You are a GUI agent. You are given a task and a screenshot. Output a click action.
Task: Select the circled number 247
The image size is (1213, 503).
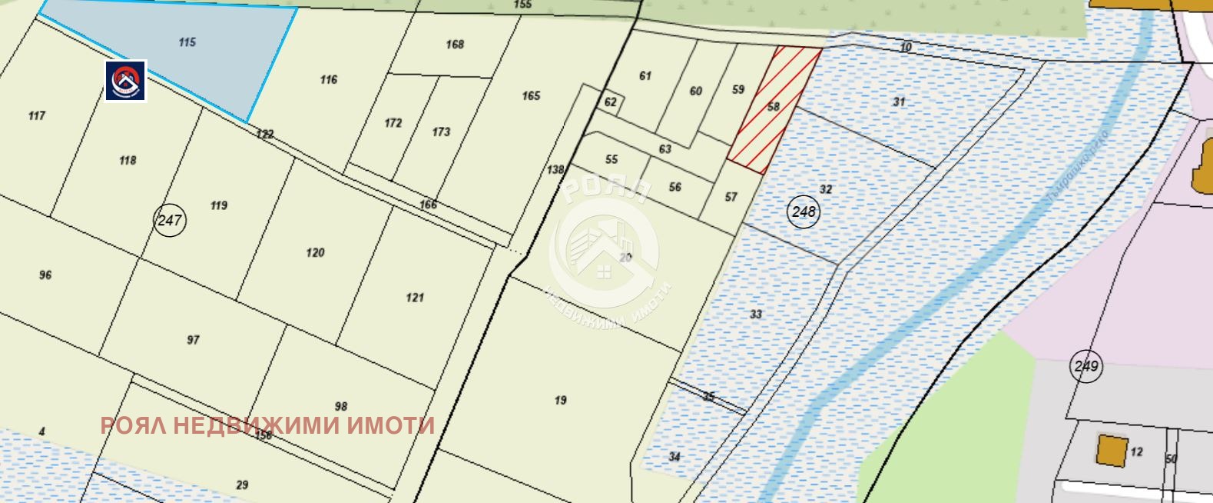tap(170, 221)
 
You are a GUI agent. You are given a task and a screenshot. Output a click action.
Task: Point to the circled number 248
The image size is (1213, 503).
tap(804, 212)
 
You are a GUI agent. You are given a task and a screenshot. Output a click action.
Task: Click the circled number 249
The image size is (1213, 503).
tap(1086, 366)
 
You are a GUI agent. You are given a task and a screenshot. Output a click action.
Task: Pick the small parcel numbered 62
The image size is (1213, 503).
tap(611, 102)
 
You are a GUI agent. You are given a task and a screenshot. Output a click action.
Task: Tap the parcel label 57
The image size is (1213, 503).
tap(731, 198)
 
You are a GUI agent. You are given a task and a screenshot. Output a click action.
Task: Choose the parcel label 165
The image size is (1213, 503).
tap(531, 96)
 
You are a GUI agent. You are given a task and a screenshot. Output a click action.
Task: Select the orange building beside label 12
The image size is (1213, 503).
tap(1109, 450)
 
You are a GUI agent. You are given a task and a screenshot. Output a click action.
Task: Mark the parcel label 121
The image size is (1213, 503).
tap(415, 298)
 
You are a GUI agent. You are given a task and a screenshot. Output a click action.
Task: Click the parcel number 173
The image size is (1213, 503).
tap(441, 132)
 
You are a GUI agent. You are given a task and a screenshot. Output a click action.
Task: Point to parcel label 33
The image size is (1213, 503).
tap(756, 315)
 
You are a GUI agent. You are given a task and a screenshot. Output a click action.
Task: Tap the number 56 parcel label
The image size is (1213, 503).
tap(674, 187)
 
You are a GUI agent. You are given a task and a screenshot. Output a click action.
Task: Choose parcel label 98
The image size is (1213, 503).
tap(341, 407)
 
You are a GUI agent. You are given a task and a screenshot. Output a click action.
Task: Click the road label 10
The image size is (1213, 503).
tap(906, 48)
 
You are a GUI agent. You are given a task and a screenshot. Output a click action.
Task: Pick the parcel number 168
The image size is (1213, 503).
tap(455, 45)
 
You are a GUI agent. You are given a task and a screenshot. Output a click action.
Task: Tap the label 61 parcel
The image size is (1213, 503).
tap(645, 76)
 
